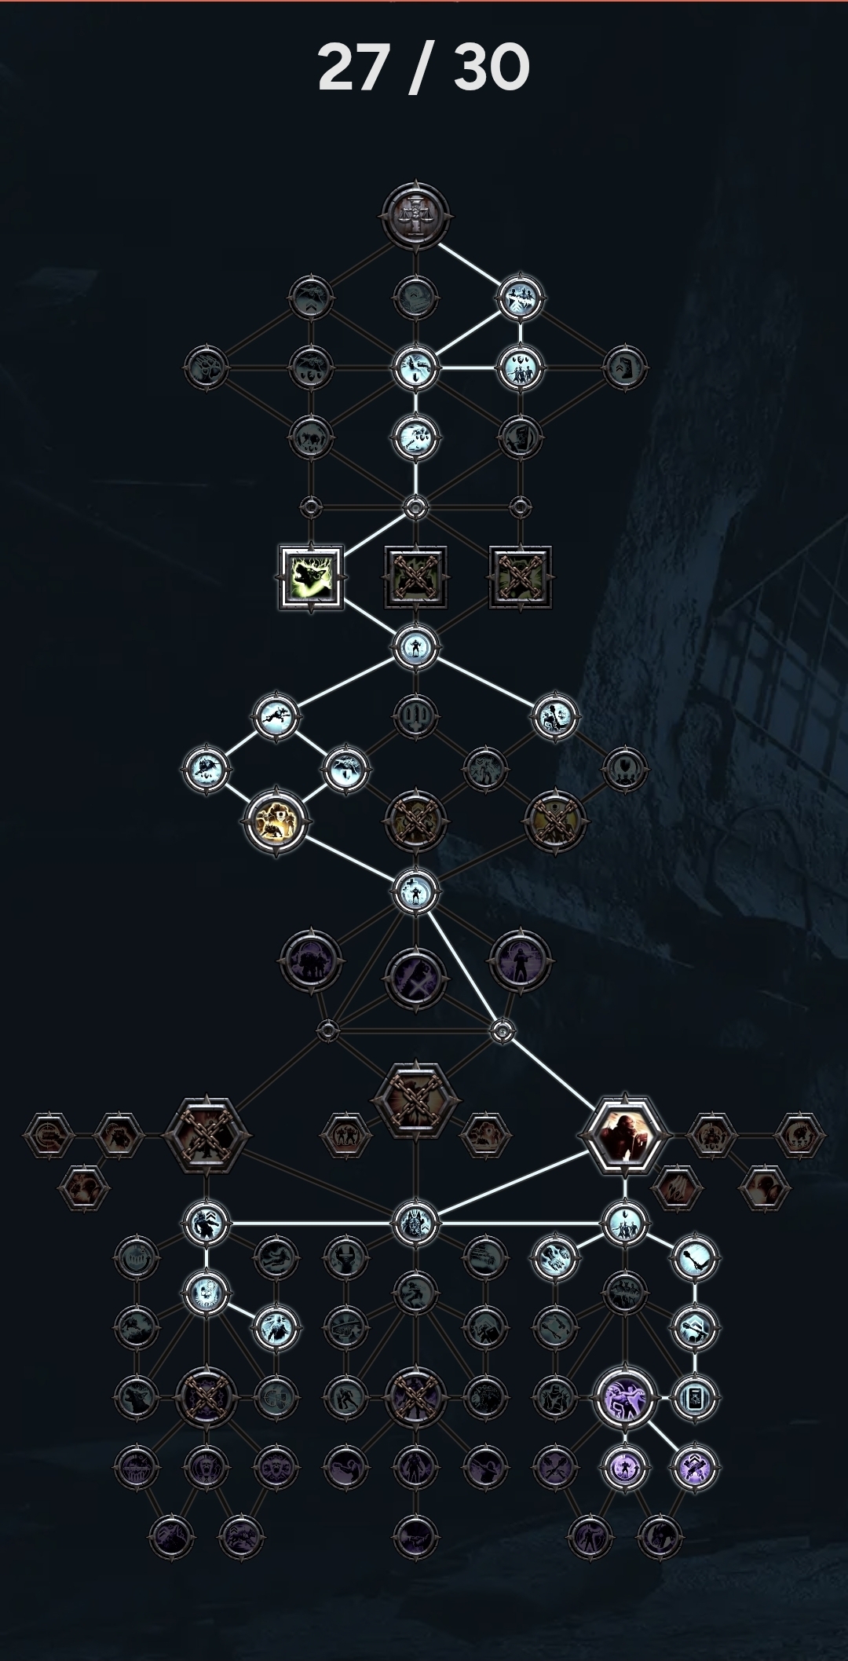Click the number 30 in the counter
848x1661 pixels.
point(492,68)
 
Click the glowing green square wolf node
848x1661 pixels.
point(312,577)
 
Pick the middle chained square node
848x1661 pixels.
point(416,577)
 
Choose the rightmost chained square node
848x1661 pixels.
point(520,577)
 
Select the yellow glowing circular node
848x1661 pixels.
point(276,821)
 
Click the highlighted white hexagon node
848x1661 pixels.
point(625,1135)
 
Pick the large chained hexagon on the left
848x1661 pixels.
point(206,1135)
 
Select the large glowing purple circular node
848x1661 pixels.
point(625,1397)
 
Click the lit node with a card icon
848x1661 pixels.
point(695,1397)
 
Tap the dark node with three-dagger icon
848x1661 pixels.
point(416,716)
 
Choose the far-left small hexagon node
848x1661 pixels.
point(49,1135)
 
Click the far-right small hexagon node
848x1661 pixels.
point(799,1135)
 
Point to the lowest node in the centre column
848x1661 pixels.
point(416,1535)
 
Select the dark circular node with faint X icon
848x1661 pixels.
point(416,979)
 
